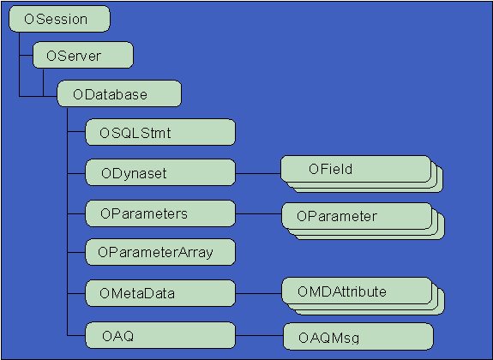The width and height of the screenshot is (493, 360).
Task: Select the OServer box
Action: coord(83,57)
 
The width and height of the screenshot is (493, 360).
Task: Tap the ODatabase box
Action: coord(119,93)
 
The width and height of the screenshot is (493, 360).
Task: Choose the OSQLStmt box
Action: coord(160,132)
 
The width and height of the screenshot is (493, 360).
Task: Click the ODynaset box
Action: coord(160,172)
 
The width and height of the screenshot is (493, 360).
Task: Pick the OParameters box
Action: coord(160,212)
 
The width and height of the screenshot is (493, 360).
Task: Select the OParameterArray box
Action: coord(160,252)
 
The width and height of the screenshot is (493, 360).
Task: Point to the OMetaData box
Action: coord(160,293)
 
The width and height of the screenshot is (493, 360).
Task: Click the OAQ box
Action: coord(160,333)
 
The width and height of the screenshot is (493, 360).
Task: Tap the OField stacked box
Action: coord(355,170)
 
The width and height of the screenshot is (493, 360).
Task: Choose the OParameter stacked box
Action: coord(355,216)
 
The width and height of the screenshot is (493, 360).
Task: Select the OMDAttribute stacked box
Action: coord(355,292)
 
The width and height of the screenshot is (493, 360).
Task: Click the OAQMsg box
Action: coord(358,335)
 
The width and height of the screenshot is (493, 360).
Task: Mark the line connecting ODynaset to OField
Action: coord(258,172)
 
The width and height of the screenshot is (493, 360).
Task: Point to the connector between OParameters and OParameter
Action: coord(258,213)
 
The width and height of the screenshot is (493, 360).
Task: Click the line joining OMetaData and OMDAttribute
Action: coord(258,293)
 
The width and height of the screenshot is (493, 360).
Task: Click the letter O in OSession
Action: coord(30,19)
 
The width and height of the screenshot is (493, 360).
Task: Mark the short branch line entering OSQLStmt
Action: coord(76,133)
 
